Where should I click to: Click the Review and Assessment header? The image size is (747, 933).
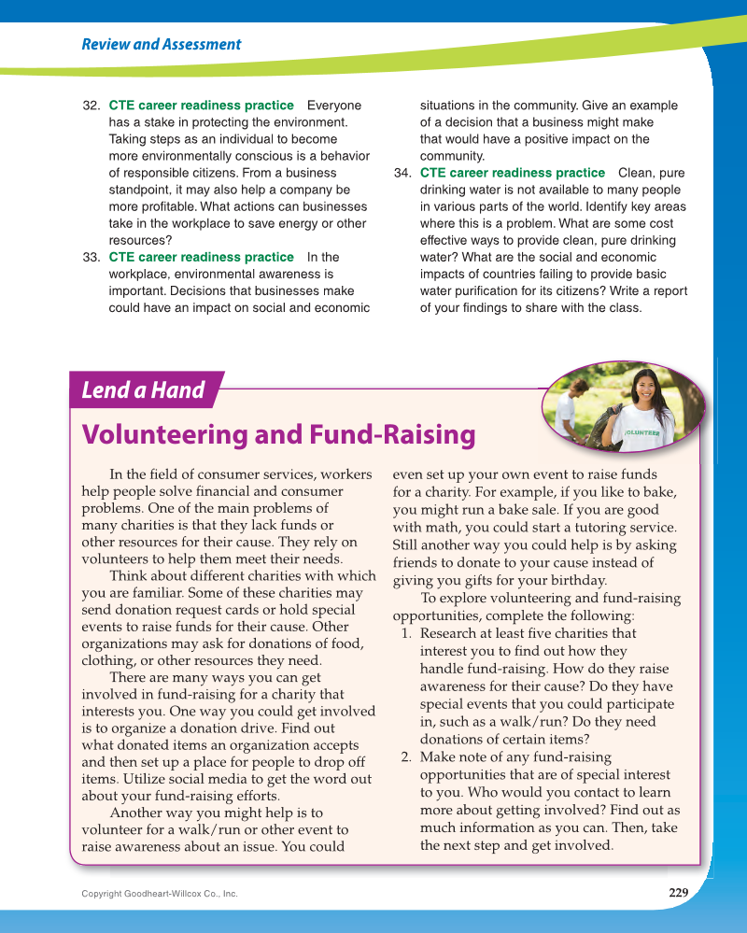point(162,44)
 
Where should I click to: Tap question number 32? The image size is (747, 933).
point(92,106)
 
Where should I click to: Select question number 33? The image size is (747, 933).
point(92,257)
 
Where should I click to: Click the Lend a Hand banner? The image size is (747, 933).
point(143,389)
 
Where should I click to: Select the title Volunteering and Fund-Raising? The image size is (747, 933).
point(278,434)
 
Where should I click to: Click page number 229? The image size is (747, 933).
point(679,892)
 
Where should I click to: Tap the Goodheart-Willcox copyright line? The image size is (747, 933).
point(160,894)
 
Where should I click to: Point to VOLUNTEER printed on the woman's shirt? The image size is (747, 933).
point(641,433)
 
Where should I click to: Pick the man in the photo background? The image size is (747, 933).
point(576,402)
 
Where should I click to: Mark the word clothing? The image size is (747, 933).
point(108,660)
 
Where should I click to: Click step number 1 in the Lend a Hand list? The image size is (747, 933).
point(406,633)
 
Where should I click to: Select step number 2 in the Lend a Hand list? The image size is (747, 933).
point(406,757)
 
